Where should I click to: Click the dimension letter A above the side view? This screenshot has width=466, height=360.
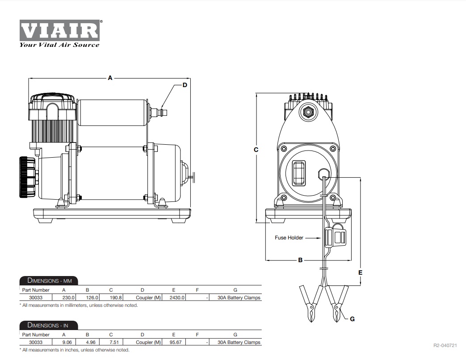110,78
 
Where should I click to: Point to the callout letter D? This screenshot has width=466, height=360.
185,85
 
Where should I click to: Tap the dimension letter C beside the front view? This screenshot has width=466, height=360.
256,150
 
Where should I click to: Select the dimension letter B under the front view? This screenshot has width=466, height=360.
300,260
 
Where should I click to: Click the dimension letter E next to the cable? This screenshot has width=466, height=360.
360,272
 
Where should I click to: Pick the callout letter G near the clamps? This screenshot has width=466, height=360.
352,319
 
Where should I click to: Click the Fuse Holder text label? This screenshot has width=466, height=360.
289,238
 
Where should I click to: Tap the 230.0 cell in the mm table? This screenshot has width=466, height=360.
68,297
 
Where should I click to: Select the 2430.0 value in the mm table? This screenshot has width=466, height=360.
177,297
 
